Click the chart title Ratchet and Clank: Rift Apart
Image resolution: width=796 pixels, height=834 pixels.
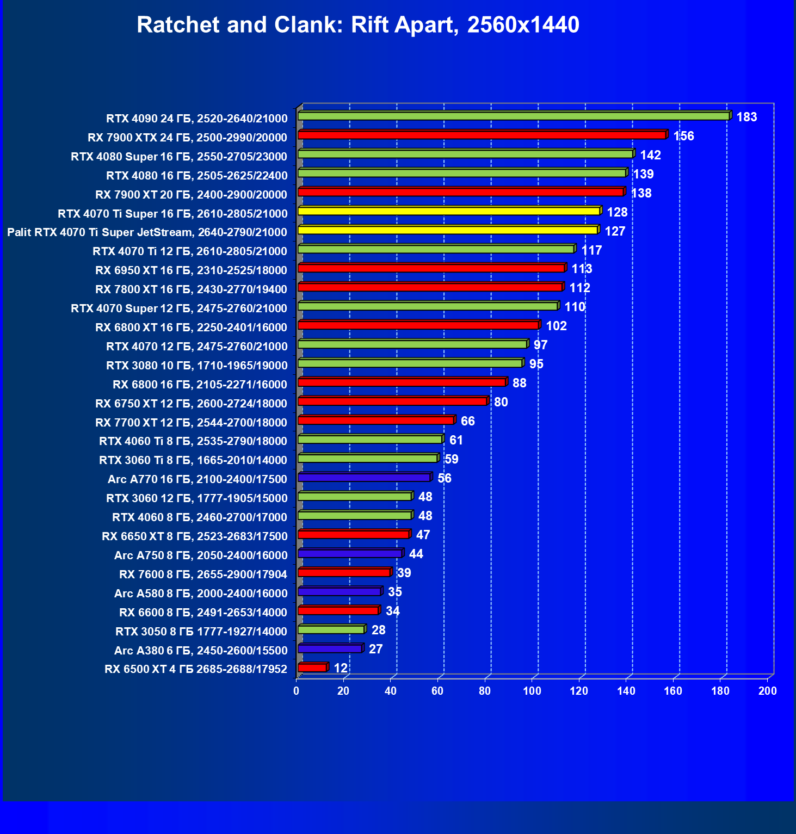[358, 25]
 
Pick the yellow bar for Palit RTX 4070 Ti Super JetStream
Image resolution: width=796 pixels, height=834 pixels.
[447, 230]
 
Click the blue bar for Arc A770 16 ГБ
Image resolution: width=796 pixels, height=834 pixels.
[364, 478]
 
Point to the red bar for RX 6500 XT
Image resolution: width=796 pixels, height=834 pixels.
[312, 668]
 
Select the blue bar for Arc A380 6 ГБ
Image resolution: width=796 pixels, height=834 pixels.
[330, 648]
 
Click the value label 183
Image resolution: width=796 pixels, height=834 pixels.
[746, 117]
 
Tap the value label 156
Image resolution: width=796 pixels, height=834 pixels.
[683, 136]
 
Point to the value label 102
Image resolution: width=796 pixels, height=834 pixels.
[556, 326]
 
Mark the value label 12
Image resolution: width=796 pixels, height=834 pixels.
[341, 668]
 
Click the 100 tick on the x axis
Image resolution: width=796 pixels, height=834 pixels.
[532, 691]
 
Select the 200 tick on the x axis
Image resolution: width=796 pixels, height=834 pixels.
[768, 691]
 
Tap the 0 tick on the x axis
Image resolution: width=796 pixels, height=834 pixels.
[297, 691]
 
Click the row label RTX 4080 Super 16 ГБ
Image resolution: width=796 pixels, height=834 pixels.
[179, 157]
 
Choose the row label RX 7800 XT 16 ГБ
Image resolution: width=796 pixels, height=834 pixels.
[191, 289]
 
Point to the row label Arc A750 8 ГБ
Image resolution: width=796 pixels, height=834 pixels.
[201, 555]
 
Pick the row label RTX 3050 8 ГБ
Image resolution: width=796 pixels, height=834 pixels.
[201, 632]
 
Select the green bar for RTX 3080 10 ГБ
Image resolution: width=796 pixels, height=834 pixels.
[410, 363]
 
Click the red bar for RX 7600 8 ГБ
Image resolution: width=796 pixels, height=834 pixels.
[344, 572]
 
